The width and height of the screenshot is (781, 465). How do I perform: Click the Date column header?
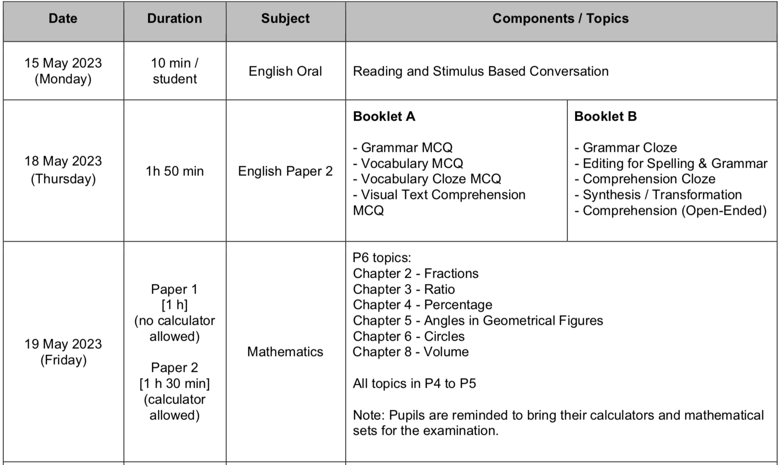tap(63, 19)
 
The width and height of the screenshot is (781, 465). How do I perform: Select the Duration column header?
tap(175, 19)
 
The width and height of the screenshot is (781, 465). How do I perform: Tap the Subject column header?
tap(285, 19)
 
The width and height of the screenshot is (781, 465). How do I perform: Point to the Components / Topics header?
tap(560, 19)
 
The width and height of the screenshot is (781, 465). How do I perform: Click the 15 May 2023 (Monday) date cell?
tap(63, 71)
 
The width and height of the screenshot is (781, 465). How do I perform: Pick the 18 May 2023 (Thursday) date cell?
tap(63, 170)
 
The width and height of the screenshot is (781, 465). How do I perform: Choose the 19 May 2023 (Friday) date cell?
tap(63, 352)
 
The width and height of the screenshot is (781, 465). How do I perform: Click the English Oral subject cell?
tap(285, 71)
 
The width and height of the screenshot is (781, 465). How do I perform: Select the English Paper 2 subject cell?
tap(285, 171)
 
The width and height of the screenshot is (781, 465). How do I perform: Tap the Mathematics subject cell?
tap(285, 352)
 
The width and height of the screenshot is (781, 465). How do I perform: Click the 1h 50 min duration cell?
tap(175, 171)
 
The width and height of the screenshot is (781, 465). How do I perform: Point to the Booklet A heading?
tap(384, 117)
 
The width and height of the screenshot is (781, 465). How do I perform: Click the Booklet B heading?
tap(605, 117)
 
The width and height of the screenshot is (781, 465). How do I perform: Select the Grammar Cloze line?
tap(625, 147)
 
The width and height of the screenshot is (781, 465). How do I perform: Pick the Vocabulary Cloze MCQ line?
tap(427, 179)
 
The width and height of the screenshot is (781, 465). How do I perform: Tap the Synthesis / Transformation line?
tap(658, 195)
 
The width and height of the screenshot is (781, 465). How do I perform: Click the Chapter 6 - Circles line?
tap(409, 336)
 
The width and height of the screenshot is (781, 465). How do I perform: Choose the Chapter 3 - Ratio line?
tap(404, 289)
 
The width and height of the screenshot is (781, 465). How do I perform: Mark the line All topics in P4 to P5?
tap(414, 383)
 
